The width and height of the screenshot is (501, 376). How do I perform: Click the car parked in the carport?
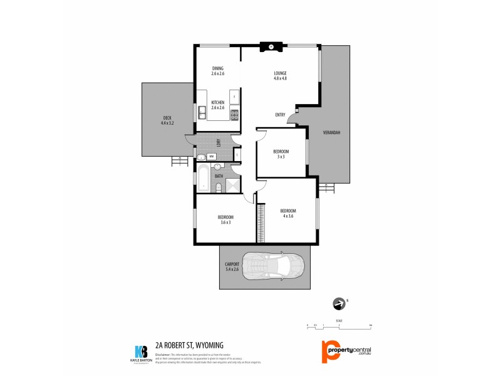pyautogui.click(x=274, y=266)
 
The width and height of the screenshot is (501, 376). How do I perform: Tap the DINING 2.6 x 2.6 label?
pyautogui.click(x=217, y=71)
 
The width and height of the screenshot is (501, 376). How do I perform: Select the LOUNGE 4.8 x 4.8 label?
pyautogui.click(x=280, y=75)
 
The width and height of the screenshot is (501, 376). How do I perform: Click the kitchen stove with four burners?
pyautogui.click(x=234, y=115)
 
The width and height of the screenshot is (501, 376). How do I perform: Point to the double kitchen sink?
pyautogui.click(x=202, y=113)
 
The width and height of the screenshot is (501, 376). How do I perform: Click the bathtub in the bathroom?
pyautogui.click(x=205, y=179)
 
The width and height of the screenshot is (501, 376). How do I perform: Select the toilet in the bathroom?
pyautogui.click(x=218, y=186)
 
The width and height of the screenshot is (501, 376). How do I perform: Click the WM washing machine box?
pyautogui.click(x=212, y=156)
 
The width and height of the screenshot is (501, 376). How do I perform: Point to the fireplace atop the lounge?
pyautogui.click(x=269, y=46)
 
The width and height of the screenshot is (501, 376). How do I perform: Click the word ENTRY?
pyautogui.click(x=280, y=115)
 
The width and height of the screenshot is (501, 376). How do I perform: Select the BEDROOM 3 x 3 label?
pyautogui.click(x=281, y=154)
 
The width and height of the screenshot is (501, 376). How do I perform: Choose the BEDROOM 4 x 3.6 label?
pyautogui.click(x=287, y=213)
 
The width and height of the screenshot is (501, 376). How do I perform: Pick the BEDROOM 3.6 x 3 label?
pyautogui.click(x=225, y=219)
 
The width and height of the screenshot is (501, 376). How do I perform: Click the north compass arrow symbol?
pyautogui.click(x=339, y=304)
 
